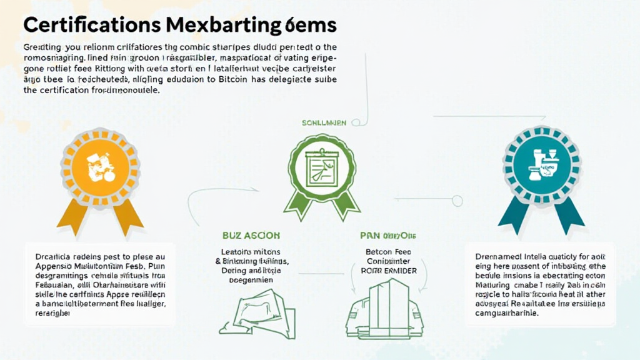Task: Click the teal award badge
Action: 541,164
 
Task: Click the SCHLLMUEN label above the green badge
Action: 324,123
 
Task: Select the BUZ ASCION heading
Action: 251,236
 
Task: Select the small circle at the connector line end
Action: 457,201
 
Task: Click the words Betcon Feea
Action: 386,251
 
